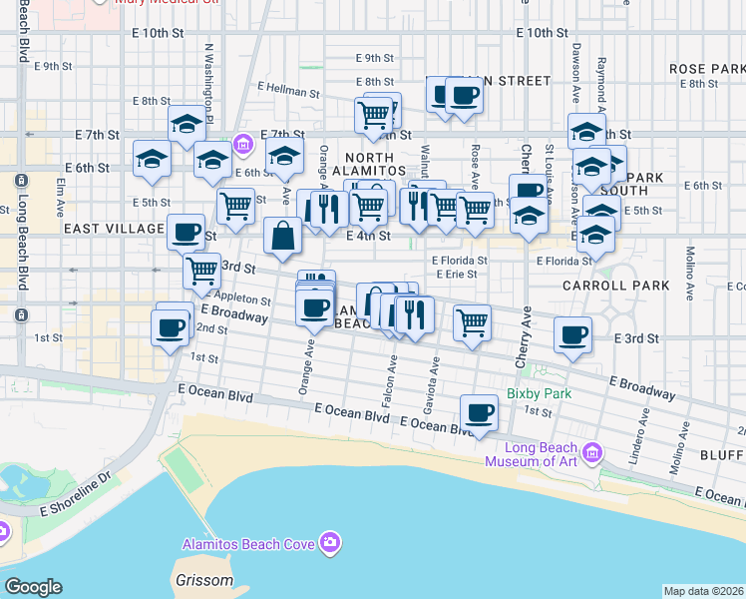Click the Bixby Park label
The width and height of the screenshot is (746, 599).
point(539,393)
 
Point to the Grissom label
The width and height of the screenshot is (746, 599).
point(203,580)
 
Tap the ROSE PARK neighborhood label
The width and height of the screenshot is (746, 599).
point(707,68)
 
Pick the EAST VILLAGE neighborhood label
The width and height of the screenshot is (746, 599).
point(114,229)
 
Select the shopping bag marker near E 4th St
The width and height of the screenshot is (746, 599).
point(283,237)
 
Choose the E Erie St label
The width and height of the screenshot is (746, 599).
point(461,275)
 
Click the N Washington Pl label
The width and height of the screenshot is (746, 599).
point(209,73)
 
